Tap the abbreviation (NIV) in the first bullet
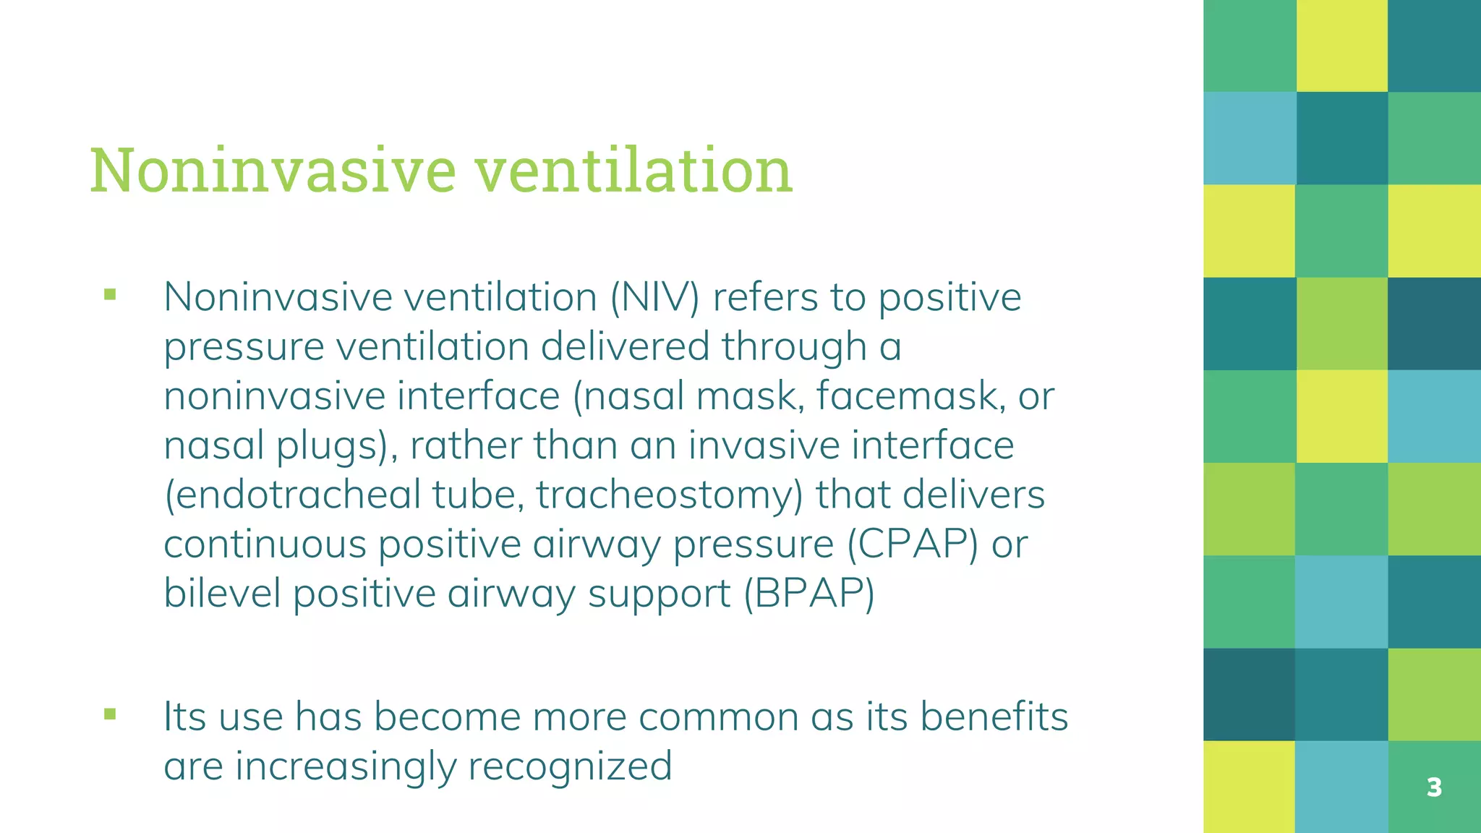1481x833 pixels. click(654, 297)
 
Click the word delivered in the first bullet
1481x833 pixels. click(625, 346)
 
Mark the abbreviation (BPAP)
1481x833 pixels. click(809, 594)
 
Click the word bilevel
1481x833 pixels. click(222, 594)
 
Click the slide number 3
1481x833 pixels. click(1434, 787)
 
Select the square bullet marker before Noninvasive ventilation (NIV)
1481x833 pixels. click(110, 294)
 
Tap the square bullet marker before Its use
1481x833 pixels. click(110, 714)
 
